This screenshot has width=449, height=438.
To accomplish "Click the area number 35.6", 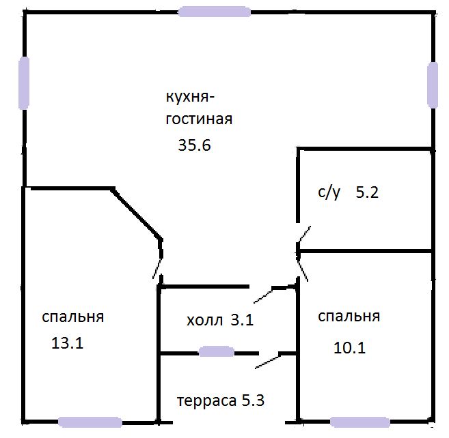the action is (x=192, y=145).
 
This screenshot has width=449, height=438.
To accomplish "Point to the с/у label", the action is (x=329, y=192).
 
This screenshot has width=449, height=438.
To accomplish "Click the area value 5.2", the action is (x=367, y=192).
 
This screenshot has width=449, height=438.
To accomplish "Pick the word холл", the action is (x=204, y=320).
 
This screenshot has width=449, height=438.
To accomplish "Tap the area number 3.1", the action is (x=242, y=320).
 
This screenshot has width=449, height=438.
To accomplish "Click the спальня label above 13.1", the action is (x=72, y=317).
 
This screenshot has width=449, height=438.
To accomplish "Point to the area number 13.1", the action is (x=67, y=343).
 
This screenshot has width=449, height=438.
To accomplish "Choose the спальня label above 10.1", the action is (x=349, y=317).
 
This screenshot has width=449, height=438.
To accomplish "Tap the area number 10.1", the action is (x=350, y=348).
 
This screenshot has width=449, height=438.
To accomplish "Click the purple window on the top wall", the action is (x=213, y=12).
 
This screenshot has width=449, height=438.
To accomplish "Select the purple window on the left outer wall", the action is (x=24, y=83).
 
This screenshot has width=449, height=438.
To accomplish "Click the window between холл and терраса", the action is (x=215, y=351).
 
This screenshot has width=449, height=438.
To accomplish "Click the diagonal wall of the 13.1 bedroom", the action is (x=137, y=213).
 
